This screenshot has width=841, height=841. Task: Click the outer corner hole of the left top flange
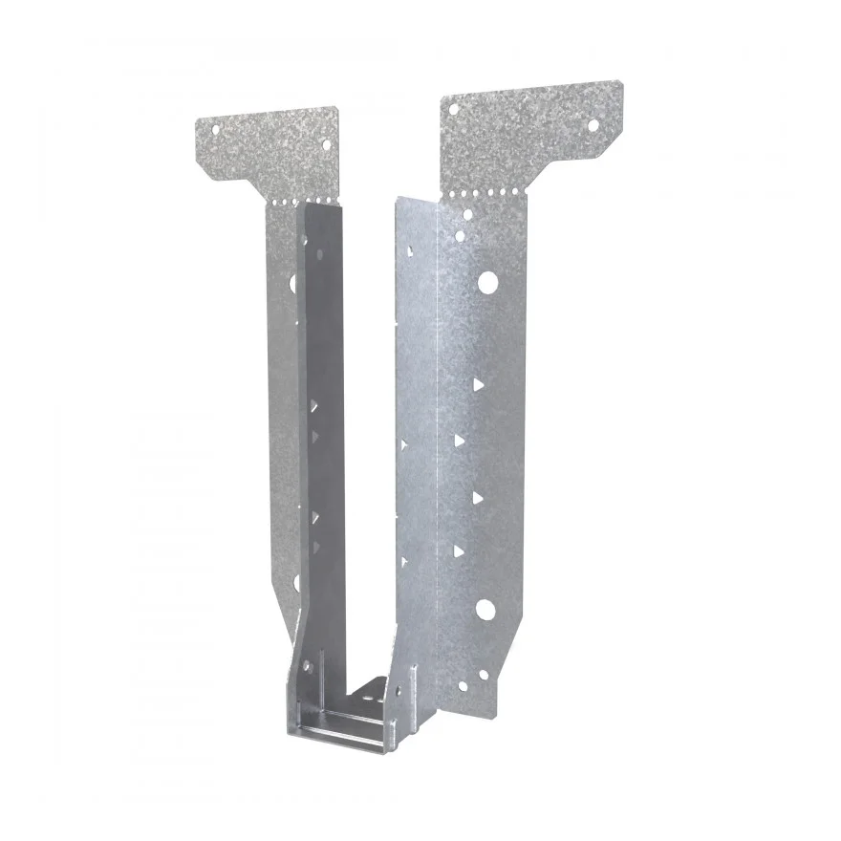coord(215,126)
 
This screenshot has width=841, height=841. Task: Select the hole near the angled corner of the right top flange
coord(592,124)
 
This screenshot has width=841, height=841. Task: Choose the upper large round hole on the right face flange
coord(487,281)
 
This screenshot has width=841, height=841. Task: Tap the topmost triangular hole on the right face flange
coord(475,382)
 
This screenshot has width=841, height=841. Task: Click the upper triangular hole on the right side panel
coord(406,443)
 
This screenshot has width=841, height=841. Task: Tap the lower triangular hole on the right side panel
coord(406,561)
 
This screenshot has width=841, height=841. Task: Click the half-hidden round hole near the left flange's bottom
coord(297,582)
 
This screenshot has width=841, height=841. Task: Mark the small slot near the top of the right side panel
coord(408,251)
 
